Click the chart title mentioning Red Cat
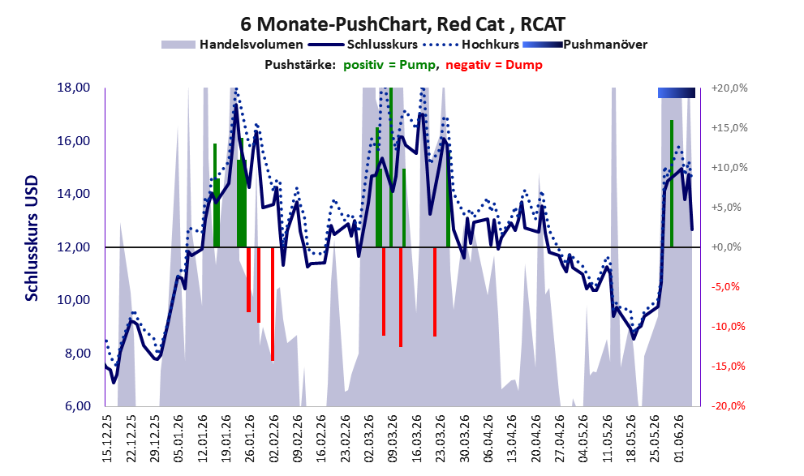[402, 24]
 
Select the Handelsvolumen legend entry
[232, 45]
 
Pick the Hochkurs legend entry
[471, 45]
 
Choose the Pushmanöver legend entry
[585, 45]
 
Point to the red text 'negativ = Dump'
[494, 65]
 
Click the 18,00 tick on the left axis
[74, 88]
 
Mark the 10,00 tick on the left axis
[74, 300]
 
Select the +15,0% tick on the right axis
[729, 127]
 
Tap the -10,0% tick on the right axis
[728, 326]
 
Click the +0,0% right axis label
[726, 247]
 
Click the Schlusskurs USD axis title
[32, 238]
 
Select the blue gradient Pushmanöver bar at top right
[677, 92]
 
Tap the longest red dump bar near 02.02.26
[273, 304]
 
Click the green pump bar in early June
[672, 183]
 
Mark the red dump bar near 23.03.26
[435, 292]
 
